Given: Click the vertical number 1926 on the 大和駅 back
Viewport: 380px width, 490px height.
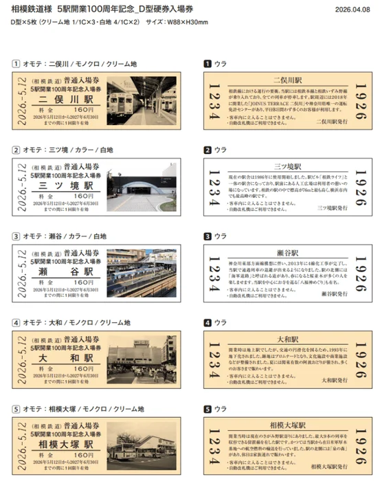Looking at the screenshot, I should pos(357,359).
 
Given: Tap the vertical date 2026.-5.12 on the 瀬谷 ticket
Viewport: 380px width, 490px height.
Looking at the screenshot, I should pos(23,273).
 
